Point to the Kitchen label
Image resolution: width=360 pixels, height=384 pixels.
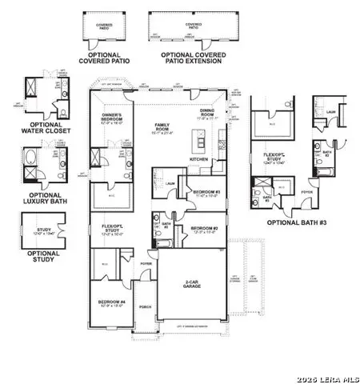(199, 159)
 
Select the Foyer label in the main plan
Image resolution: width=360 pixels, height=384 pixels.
(146, 262)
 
